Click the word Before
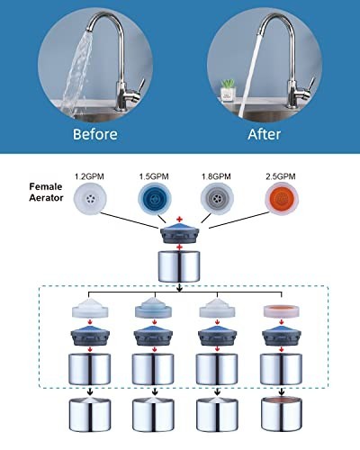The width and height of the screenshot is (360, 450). (x=95, y=134)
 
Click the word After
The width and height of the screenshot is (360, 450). (x=265, y=134)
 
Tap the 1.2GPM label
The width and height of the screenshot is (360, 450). (x=89, y=176)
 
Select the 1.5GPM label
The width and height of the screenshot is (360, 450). (x=154, y=176)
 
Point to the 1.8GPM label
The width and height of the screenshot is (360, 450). (x=216, y=176)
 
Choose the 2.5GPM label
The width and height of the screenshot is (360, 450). (x=281, y=176)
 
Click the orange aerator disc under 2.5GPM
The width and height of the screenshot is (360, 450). (x=282, y=198)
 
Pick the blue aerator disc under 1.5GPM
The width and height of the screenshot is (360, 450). (x=155, y=199)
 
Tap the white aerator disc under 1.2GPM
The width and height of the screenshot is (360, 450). (x=90, y=198)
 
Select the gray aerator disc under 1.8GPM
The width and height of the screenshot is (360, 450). (x=217, y=198)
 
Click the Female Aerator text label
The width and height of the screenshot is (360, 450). (x=46, y=193)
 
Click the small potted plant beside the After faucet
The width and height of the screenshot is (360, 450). (x=228, y=89)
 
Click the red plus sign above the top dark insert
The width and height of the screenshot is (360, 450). (x=180, y=220)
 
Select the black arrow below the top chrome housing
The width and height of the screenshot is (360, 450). (x=179, y=287)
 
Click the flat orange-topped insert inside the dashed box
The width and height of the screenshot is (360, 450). (x=282, y=311)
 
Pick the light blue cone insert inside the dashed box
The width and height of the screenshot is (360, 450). (x=154, y=308)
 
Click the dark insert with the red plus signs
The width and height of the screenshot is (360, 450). (x=180, y=233)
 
